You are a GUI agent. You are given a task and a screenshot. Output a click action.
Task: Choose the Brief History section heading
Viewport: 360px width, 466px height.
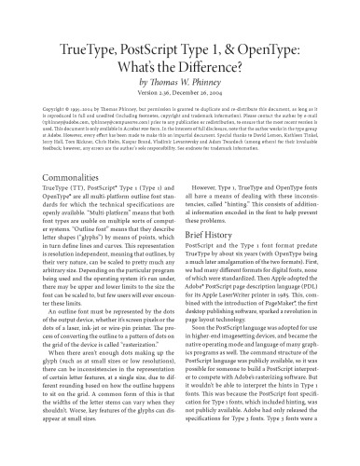point(219,262)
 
